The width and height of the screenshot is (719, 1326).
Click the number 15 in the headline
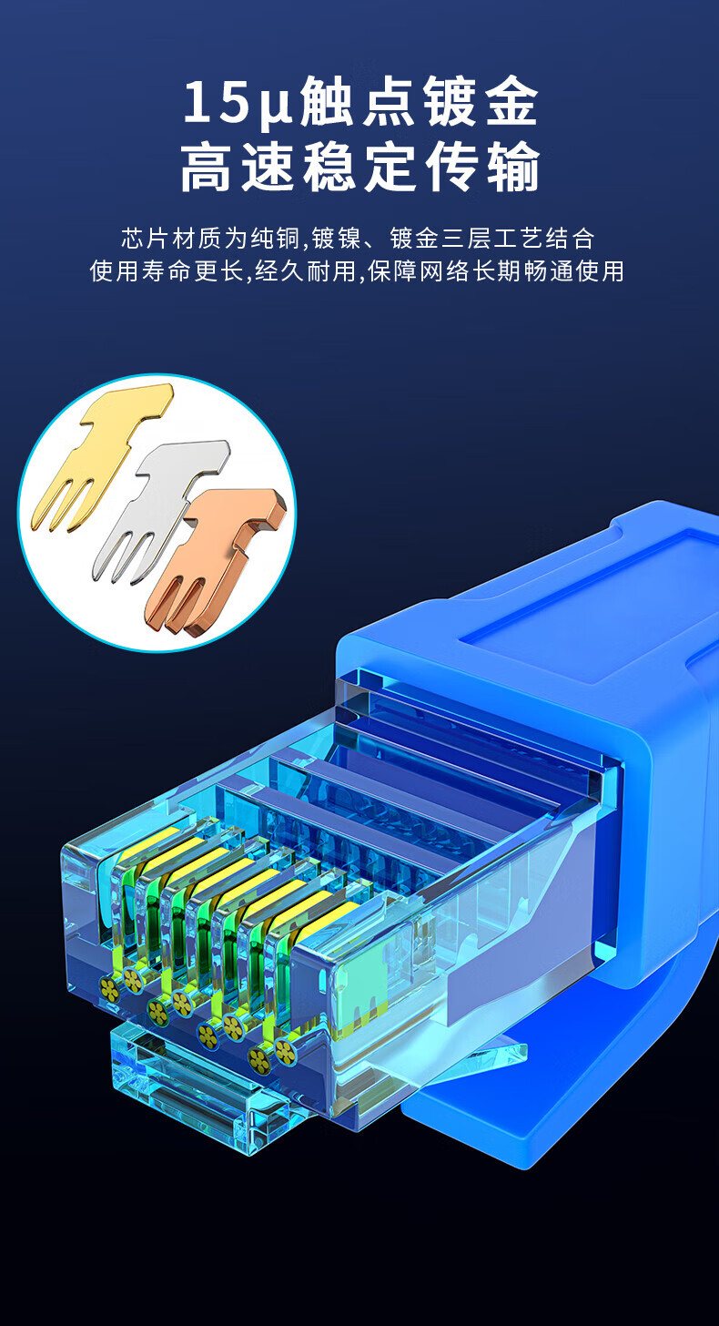point(215,103)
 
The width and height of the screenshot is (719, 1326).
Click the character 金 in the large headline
point(510,104)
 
